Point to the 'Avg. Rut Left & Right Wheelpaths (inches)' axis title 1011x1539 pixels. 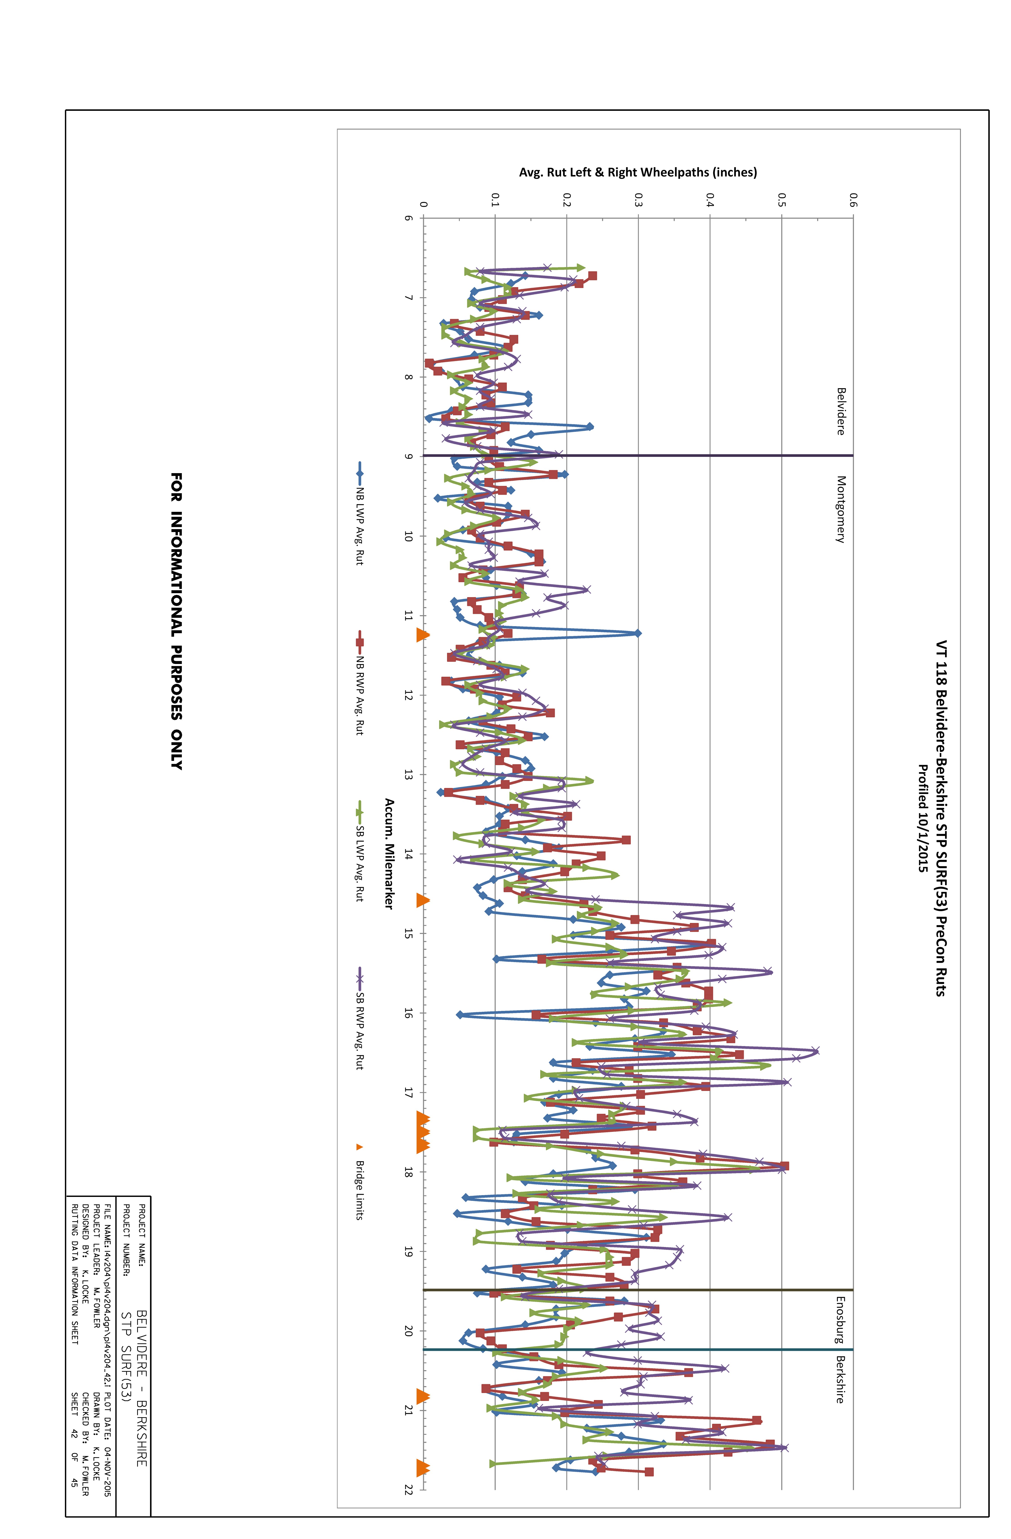[x=638, y=172]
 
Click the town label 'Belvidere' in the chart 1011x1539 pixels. [x=840, y=411]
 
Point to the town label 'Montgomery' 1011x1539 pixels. [x=840, y=510]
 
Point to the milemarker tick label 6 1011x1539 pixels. [x=409, y=218]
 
